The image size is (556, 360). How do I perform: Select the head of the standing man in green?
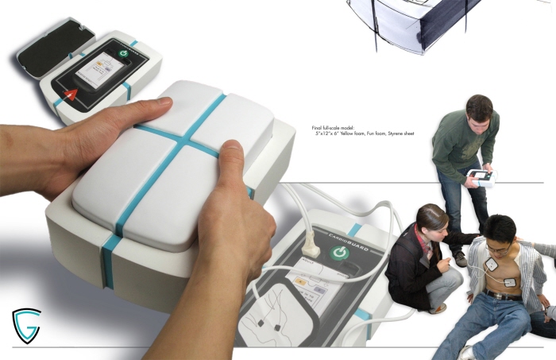coord(480,110)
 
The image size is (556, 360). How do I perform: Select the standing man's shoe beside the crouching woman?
coord(461,258)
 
